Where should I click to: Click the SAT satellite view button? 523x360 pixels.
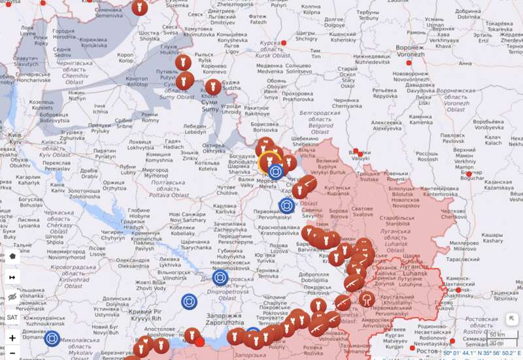(x=12, y=318)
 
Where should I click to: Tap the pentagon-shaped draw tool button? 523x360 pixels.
(x=12, y=255)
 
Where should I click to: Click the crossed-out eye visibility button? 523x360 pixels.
(x=12, y=297)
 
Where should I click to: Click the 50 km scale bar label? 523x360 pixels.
(x=497, y=335)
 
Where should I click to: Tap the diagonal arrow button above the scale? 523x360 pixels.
(x=511, y=319)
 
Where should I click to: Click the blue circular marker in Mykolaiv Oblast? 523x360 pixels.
(x=52, y=338)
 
